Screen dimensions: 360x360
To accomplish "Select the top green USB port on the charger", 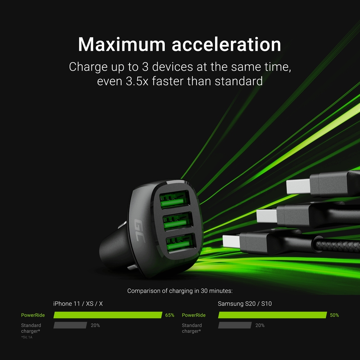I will [174, 199].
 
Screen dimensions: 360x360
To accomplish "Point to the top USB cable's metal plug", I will [299, 186].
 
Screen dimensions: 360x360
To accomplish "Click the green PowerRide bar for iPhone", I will [108, 315].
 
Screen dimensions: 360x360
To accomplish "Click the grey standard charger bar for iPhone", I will [70, 325].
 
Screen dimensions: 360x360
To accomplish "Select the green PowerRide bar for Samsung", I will [272, 315].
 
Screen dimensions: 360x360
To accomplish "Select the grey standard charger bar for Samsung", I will [235, 325].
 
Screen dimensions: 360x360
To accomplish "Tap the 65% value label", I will [169, 315].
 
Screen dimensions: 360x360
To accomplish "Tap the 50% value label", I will [334, 315].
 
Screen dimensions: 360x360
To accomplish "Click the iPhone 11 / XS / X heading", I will [78, 304].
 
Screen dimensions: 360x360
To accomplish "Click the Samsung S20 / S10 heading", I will [242, 304].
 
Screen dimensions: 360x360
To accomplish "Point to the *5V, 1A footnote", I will [27, 337].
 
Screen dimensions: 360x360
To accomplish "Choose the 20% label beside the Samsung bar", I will [260, 325].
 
